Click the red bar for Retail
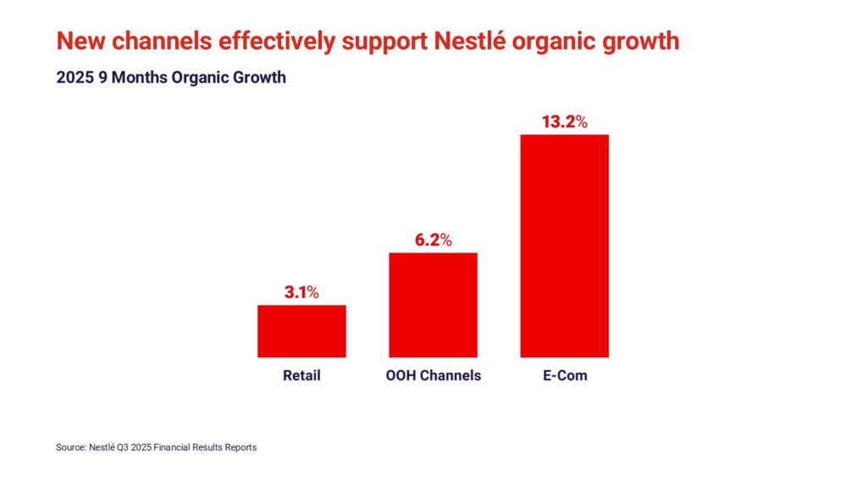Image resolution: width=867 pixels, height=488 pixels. pos(301,331)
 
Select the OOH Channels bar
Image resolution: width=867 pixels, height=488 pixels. pos(433,305)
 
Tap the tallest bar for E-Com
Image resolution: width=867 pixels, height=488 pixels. pos(564,246)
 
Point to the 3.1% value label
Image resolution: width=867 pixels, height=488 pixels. pos(301,293)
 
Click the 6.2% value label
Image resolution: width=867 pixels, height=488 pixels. pos(433,241)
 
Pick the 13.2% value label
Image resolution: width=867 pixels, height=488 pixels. pos(564,122)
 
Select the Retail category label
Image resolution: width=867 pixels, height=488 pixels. pos(301,374)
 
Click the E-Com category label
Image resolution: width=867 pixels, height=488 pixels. pos(564,374)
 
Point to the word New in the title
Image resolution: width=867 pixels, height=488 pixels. pos(75,40)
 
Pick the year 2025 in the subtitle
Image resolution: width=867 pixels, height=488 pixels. pos(74,78)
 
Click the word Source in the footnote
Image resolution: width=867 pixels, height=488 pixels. pos(71,447)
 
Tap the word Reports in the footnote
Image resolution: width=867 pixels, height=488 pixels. pos(239,447)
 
